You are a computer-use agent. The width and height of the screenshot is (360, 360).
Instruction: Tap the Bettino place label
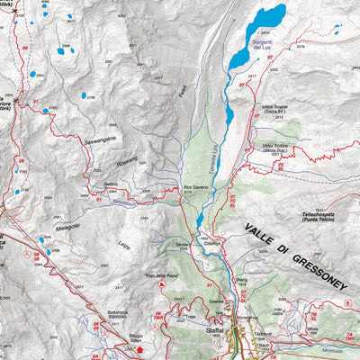111,184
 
